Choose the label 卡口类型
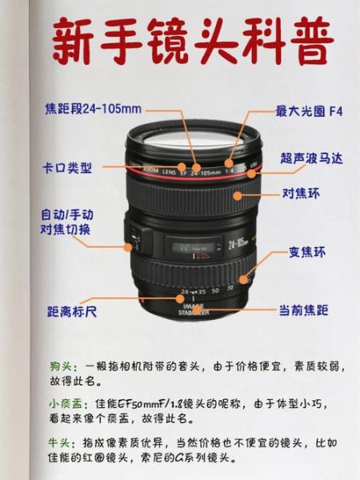tap(67, 168)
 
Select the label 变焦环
tap(307, 253)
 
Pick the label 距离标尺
tap(72, 310)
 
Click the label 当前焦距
tap(303, 310)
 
